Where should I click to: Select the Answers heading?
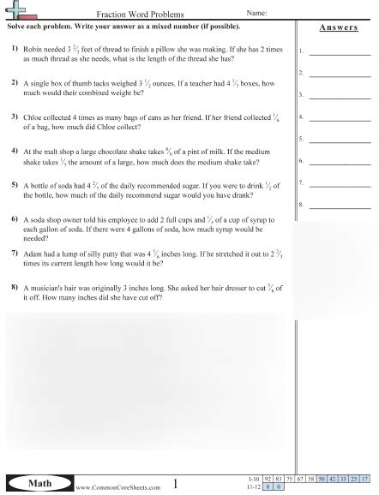click(338, 27)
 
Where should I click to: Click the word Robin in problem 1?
click(34, 51)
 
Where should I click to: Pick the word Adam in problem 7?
click(33, 254)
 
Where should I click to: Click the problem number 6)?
click(15, 220)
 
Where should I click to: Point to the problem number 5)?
click(15, 184)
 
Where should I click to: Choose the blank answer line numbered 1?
click(340, 54)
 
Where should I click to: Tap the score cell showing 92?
click(268, 478)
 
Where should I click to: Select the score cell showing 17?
click(364, 478)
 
